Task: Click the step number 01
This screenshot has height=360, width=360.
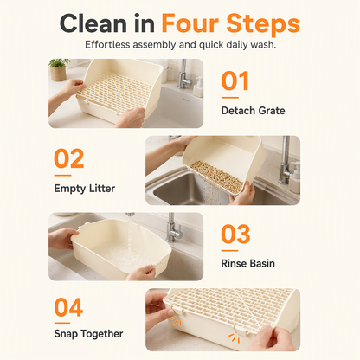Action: [235, 80]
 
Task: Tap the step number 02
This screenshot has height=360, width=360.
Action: [68, 158]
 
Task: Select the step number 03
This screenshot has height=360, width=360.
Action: [235, 234]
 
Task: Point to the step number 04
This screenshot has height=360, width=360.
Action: [68, 307]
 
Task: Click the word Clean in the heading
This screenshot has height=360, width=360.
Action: [93, 23]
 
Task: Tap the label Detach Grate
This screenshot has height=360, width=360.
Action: [253, 111]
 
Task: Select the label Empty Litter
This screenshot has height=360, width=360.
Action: [85, 189]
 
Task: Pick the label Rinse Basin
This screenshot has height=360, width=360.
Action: [247, 263]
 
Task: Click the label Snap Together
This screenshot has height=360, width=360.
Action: [88, 334]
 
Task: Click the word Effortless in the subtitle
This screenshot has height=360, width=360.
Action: [107, 45]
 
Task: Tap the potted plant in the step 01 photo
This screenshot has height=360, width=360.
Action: [59, 69]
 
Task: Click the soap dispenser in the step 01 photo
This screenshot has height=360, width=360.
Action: [198, 87]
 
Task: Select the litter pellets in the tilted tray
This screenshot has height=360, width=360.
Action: [216, 174]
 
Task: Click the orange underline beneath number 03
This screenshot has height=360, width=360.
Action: [229, 251]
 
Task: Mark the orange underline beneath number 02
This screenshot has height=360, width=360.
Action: [62, 176]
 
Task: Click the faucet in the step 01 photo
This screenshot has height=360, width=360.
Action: [183, 74]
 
